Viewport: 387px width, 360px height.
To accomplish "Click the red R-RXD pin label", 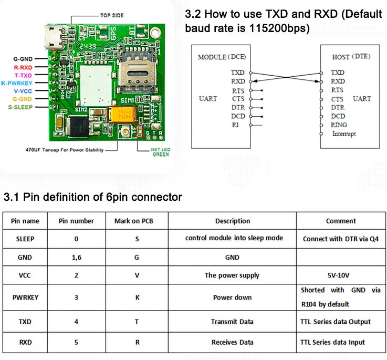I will pos(23,68).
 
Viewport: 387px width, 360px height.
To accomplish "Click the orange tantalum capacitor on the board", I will pos(123,115).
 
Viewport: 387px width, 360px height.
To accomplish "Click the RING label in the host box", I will pos(339,125).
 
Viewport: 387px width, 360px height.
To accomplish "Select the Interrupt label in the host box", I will pos(344,134).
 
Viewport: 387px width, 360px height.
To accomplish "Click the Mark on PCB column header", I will pos(137,221).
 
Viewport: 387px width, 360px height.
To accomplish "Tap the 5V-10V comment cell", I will pos(341,275).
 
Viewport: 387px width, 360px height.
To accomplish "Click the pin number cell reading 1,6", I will pos(76,258).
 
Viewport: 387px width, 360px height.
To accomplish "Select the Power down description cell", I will pos(232,297).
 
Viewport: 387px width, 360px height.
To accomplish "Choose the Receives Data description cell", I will pos(232,342).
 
